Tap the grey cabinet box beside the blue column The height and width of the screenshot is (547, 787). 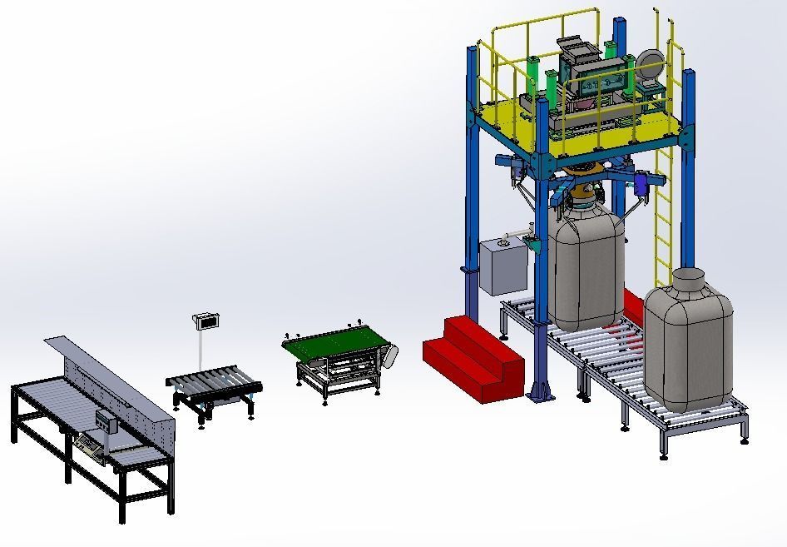pos(502,266)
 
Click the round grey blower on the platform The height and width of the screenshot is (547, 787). pos(649,64)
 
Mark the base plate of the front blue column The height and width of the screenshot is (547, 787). pos(542,396)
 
